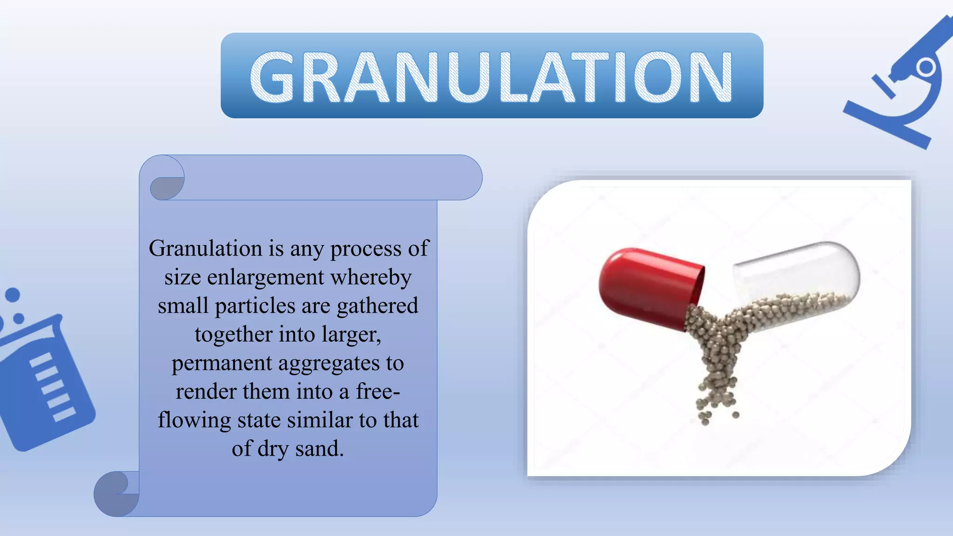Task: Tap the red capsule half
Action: (649, 286)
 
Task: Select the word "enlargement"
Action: (266, 277)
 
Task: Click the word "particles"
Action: (255, 306)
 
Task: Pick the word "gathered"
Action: (377, 306)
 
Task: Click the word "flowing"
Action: (194, 421)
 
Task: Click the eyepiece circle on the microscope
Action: (926, 68)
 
